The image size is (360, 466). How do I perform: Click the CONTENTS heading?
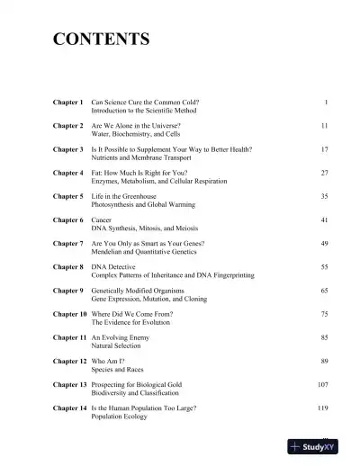(x=102, y=39)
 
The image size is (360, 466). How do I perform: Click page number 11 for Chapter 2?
(x=324, y=126)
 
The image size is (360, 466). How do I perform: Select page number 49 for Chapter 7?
(x=324, y=243)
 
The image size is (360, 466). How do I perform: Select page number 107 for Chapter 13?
(x=322, y=384)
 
